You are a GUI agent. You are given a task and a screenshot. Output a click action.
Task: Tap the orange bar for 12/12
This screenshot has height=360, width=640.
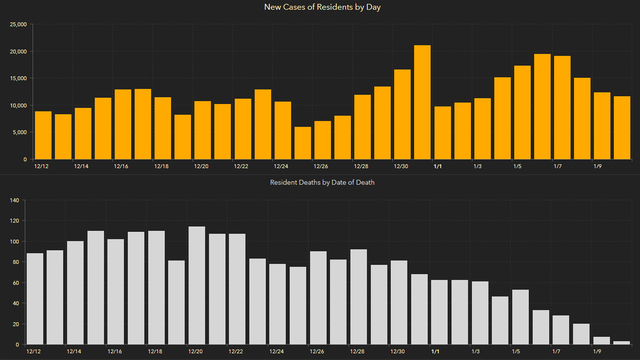click(x=43, y=135)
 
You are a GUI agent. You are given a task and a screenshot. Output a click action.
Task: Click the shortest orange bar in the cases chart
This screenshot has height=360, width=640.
click(x=303, y=143)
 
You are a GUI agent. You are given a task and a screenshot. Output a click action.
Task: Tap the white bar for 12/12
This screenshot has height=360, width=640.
click(x=35, y=299)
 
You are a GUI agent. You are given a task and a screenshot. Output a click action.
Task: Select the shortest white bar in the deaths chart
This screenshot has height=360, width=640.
click(x=622, y=343)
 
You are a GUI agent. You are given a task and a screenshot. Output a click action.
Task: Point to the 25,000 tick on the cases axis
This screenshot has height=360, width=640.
click(x=17, y=24)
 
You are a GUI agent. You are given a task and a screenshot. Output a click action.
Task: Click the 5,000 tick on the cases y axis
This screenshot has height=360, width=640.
click(x=19, y=133)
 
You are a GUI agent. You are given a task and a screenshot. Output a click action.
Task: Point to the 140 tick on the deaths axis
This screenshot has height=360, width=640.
click(x=13, y=200)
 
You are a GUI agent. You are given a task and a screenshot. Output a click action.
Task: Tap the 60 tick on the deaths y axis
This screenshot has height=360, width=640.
click(x=15, y=283)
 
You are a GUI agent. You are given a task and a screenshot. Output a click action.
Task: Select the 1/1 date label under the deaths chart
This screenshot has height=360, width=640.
click(x=436, y=352)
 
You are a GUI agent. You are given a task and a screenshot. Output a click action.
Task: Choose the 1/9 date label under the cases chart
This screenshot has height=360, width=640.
click(x=598, y=166)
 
